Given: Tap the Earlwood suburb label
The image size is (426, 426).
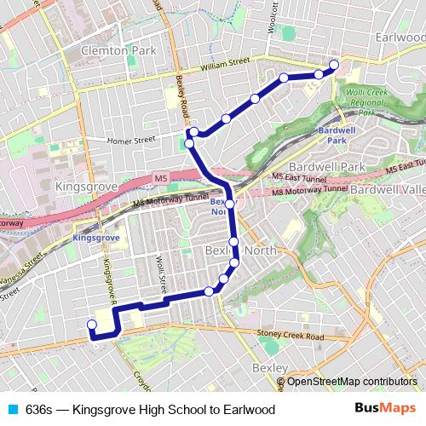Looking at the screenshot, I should [x=398, y=38].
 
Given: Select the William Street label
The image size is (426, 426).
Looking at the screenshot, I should [x=225, y=63].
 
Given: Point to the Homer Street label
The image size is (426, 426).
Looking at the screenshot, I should [x=131, y=138].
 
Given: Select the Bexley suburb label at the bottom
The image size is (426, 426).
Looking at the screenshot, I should [x=269, y=367].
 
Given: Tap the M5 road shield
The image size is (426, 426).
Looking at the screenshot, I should [x=161, y=177].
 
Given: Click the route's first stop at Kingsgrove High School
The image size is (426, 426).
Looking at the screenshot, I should [x=92, y=324].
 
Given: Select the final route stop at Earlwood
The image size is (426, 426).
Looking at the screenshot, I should [x=334, y=64].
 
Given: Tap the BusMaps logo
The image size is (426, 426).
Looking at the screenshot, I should [x=387, y=409].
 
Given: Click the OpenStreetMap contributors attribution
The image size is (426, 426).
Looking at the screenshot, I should [x=351, y=381].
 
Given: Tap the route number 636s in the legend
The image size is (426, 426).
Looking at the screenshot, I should [x=39, y=410].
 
